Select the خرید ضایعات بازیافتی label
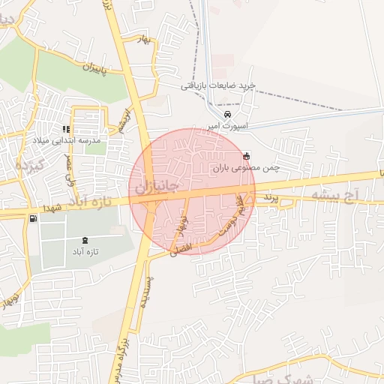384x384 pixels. (x=218, y=85)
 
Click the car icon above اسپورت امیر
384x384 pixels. (x=227, y=114)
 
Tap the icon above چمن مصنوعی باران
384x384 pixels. (x=247, y=156)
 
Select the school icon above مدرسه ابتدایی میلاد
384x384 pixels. (x=75, y=128)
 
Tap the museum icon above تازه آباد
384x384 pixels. (x=83, y=240)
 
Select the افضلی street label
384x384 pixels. (x=181, y=247)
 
